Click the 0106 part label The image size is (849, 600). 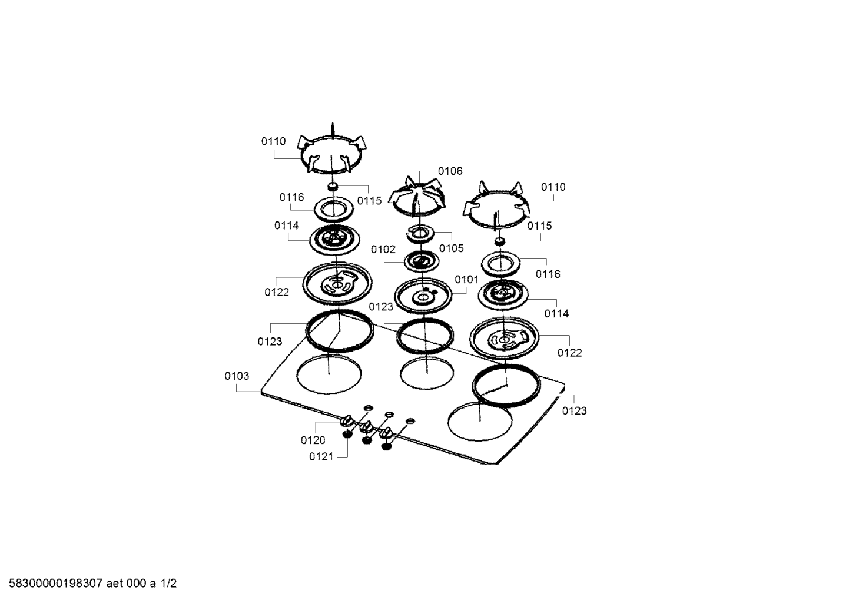tap(450, 171)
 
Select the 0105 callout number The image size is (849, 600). tap(452, 248)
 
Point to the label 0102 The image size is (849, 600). tap(383, 250)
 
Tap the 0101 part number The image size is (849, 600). tap(466, 280)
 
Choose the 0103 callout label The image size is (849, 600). tap(237, 376)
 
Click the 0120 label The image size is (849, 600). tap(313, 440)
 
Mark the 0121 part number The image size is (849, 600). tap(321, 457)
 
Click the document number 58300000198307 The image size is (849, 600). tap(55, 584)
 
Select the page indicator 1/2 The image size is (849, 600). tap(168, 584)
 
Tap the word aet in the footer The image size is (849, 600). tap(114, 584)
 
